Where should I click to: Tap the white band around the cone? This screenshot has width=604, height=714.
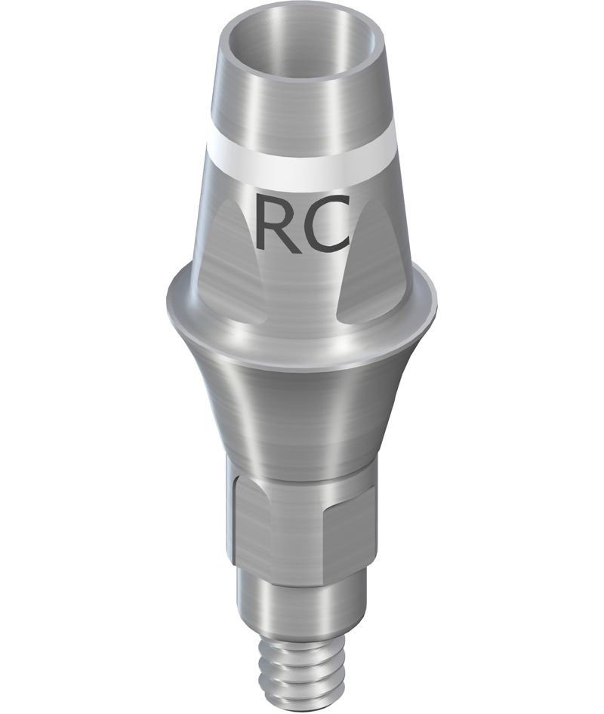(301, 165)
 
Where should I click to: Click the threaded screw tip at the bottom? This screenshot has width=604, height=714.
(301, 673)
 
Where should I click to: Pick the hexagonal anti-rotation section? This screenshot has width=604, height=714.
(301, 524)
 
